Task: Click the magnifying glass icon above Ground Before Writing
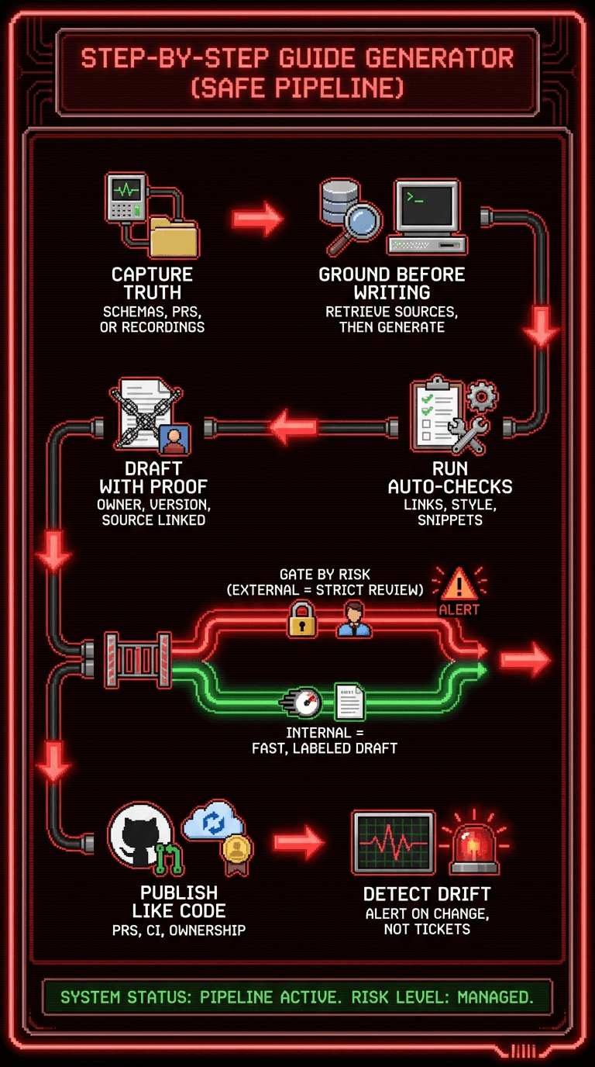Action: point(354,226)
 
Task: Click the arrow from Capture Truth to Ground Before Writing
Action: point(259,218)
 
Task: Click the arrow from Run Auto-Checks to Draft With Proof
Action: point(294,427)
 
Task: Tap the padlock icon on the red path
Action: point(301,620)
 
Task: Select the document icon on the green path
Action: point(349,702)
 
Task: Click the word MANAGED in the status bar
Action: point(495,997)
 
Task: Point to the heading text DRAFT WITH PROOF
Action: point(153,478)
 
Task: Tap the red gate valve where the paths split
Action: point(138,659)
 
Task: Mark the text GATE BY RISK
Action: point(325,575)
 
